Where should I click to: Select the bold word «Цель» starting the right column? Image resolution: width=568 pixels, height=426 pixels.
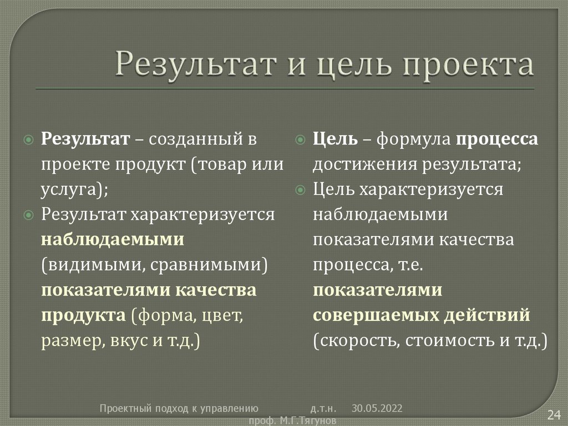[x=335, y=139]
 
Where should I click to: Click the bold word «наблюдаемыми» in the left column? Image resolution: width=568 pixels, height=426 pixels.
[x=112, y=239]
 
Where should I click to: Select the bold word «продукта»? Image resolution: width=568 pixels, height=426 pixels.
[x=83, y=315]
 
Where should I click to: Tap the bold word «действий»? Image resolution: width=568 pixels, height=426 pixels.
[x=493, y=315]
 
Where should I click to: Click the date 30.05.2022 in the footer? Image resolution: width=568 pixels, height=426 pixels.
[x=377, y=408]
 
